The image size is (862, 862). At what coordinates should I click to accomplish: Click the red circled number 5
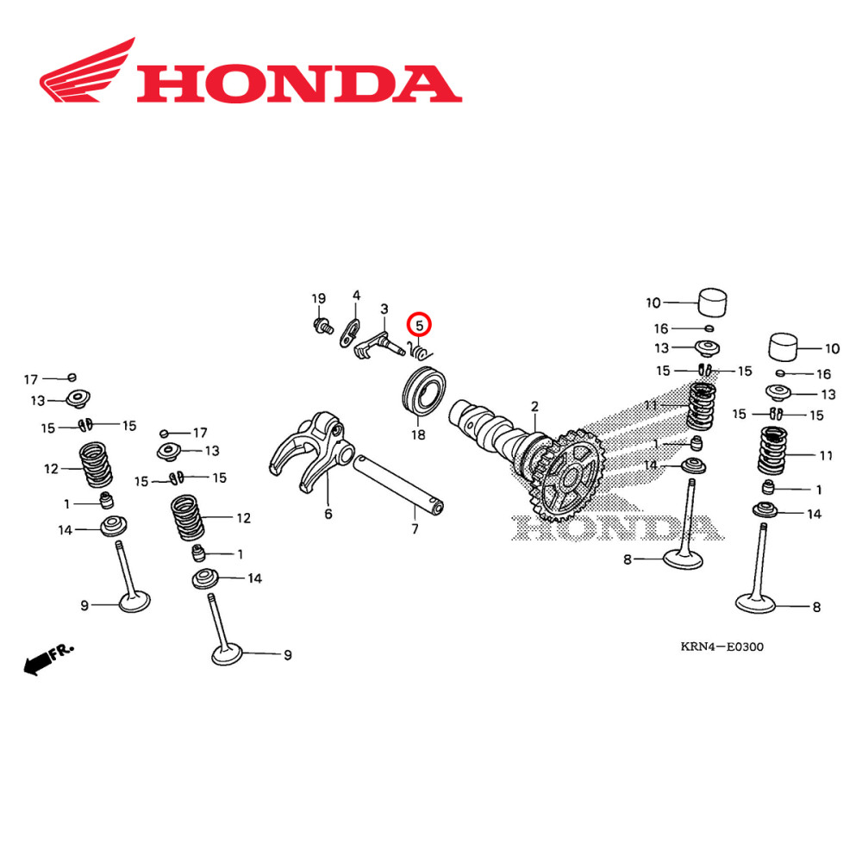click(x=419, y=325)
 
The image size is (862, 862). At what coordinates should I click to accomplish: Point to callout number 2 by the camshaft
click(x=534, y=406)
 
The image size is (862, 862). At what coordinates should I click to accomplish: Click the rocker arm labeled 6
click(x=306, y=444)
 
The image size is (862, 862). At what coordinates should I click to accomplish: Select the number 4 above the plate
click(x=356, y=296)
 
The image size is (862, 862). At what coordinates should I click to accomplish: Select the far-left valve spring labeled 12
click(x=102, y=465)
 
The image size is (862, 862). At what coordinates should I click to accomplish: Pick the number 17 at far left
click(x=31, y=379)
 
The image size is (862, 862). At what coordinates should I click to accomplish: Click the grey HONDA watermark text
click(x=612, y=528)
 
